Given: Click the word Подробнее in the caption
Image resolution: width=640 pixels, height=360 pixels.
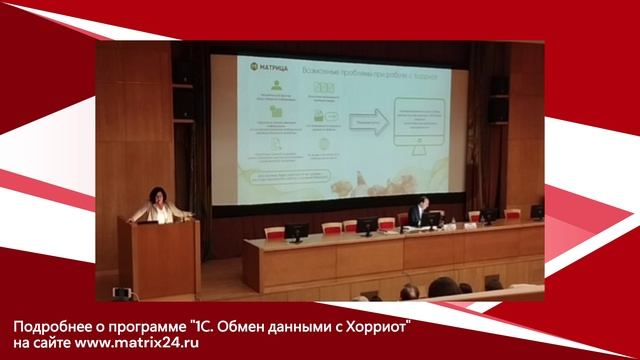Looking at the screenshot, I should point(52,327).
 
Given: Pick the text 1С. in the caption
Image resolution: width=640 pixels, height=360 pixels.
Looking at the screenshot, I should point(197,327).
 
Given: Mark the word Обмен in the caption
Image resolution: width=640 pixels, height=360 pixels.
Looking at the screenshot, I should point(235,327).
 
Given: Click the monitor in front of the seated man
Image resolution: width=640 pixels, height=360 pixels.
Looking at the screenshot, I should point(432,220).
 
